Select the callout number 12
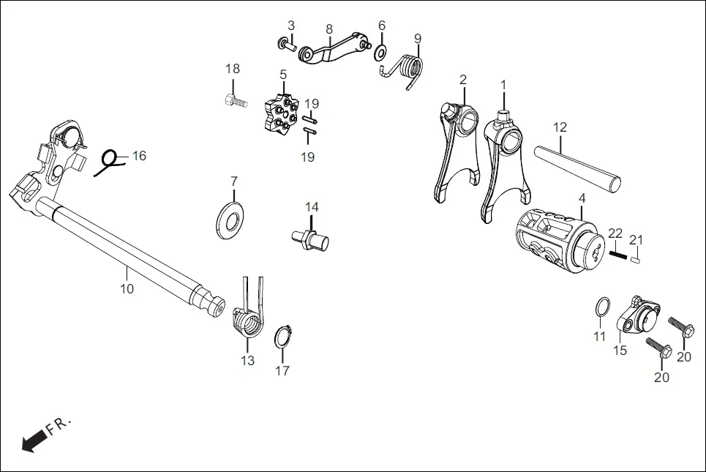point(560,127)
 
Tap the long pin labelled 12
point(578,169)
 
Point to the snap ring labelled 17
point(283,340)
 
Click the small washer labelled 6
point(381,53)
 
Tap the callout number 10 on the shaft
point(127,289)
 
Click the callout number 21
point(636,239)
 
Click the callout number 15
point(620,351)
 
